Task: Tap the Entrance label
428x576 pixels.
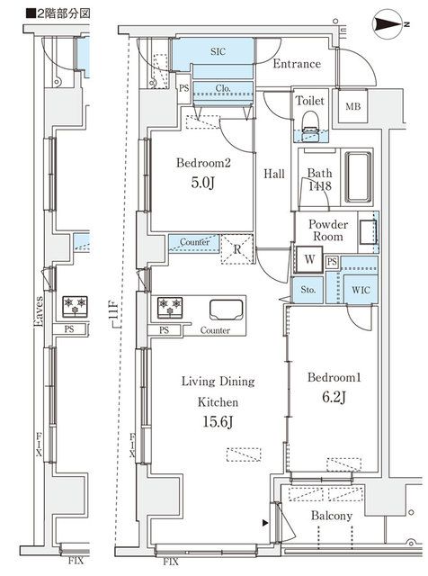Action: [296, 64]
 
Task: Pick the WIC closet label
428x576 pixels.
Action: [361, 291]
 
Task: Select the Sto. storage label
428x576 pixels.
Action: [308, 291]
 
